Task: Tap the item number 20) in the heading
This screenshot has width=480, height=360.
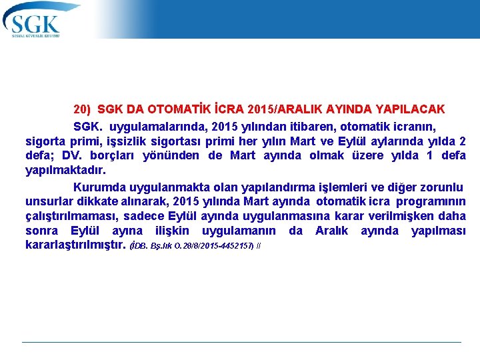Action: pyautogui.click(x=82, y=109)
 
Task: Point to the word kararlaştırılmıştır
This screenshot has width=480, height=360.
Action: pyautogui.click(x=75, y=245)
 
